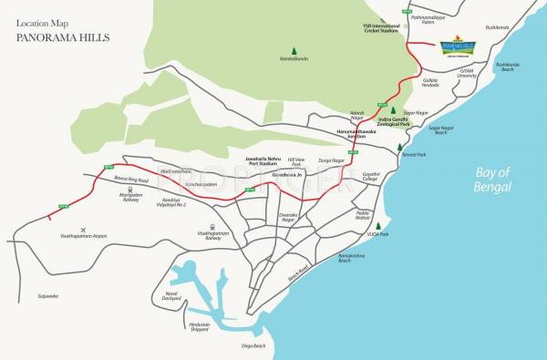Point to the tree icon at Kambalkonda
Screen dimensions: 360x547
point(294,51)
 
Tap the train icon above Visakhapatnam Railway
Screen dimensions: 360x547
point(211,228)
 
